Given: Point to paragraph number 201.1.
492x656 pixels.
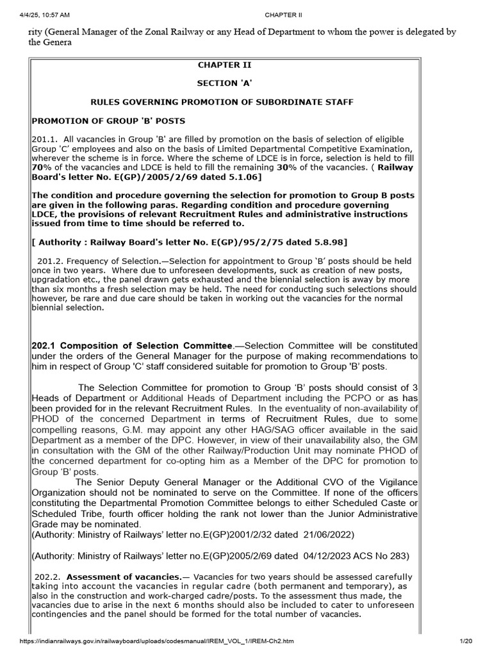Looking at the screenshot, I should click(x=44, y=139).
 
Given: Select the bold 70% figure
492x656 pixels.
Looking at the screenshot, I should click(x=42, y=167).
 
